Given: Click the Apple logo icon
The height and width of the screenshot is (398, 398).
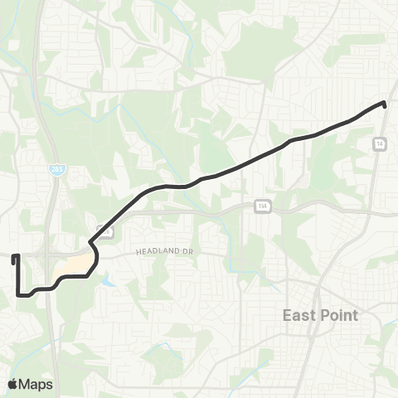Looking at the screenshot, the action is pos(13,384).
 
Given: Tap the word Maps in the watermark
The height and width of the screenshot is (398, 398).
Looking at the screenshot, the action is pos(36,384).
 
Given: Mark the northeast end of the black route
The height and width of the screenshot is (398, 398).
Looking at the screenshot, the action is pos(385,103).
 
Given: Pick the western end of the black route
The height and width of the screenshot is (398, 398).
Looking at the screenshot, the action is pos(14,258).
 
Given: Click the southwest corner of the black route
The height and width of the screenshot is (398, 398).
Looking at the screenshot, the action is pos(18,293).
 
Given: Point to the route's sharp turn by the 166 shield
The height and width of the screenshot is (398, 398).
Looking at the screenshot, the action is pos(91,244).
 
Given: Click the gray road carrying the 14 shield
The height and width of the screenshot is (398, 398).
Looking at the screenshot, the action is pos(376,166).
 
